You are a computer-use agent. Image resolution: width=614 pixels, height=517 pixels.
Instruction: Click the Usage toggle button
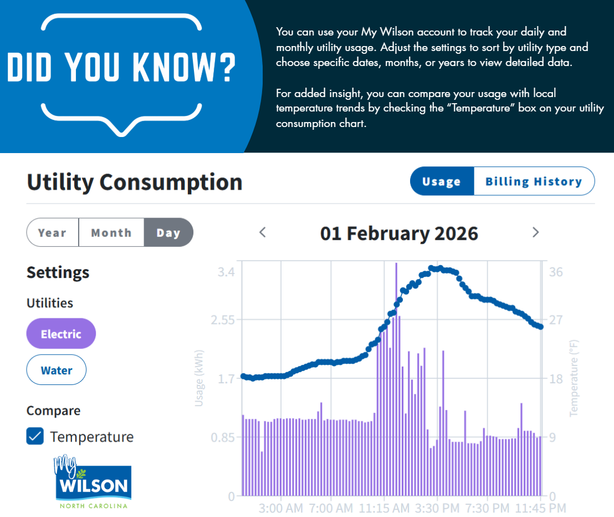point(442,181)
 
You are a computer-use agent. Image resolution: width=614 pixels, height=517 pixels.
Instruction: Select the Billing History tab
point(534,181)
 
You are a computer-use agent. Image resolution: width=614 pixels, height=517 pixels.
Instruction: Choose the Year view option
point(53,232)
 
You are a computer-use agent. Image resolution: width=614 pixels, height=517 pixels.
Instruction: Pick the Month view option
point(111,232)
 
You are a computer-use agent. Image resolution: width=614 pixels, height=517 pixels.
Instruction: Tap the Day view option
point(168,232)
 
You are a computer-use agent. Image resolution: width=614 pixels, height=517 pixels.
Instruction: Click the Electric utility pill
point(61,333)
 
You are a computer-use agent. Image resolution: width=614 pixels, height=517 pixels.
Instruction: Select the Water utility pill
point(57,370)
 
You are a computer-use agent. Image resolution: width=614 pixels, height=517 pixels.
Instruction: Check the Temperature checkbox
point(35,437)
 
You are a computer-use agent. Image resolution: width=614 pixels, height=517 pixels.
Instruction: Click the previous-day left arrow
point(263,232)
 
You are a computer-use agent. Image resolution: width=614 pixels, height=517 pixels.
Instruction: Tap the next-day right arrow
point(535,232)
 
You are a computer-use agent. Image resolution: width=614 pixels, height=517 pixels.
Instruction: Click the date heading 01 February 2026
point(399,233)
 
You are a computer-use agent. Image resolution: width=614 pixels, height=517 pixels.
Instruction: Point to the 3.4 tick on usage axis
point(226,272)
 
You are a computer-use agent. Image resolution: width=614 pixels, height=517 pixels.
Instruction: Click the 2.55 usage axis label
point(222,320)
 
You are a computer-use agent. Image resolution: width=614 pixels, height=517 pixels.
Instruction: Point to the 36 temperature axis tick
point(556,272)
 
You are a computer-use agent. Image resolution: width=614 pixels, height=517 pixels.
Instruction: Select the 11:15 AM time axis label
point(384,508)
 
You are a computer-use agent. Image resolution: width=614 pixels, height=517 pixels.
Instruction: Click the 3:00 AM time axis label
point(281,508)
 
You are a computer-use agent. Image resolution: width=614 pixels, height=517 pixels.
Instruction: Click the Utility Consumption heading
point(135,182)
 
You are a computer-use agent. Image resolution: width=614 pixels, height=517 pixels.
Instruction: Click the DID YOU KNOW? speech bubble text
point(121,67)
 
